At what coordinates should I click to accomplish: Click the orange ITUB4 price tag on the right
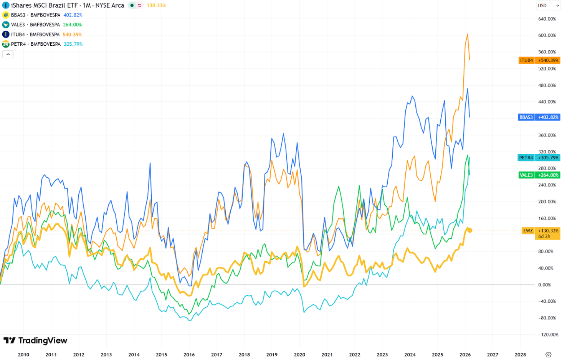point(539,60)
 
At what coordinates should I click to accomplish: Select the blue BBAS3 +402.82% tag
point(539,117)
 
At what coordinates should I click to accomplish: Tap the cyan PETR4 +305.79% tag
point(539,158)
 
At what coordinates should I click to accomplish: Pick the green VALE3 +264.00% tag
point(539,175)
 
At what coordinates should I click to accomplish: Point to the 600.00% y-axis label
point(547,35)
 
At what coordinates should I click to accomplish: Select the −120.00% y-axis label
point(547,335)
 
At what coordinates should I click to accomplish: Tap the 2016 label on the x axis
point(189,355)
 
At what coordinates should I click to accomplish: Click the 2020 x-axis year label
point(299,355)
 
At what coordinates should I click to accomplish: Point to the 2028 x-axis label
point(520,355)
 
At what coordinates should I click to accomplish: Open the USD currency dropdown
point(548,5)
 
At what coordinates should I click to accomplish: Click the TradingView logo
point(35,340)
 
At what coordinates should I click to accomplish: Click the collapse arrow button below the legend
point(8,54)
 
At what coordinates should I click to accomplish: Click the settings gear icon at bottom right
point(548,355)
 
